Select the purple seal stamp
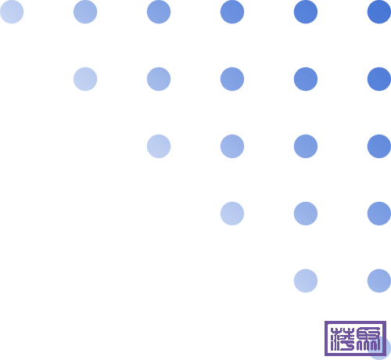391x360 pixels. point(354,338)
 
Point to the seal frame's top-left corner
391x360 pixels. point(325,321)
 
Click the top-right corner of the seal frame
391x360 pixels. point(385,321)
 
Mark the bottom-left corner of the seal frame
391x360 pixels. point(325,355)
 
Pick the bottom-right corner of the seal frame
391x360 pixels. point(385,355)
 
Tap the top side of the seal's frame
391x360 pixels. point(355,321)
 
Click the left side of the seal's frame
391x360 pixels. point(325,338)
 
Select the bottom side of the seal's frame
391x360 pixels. point(355,355)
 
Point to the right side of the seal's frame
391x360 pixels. point(385,338)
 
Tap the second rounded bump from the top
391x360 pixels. point(385,77)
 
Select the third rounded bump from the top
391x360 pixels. point(385,146)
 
